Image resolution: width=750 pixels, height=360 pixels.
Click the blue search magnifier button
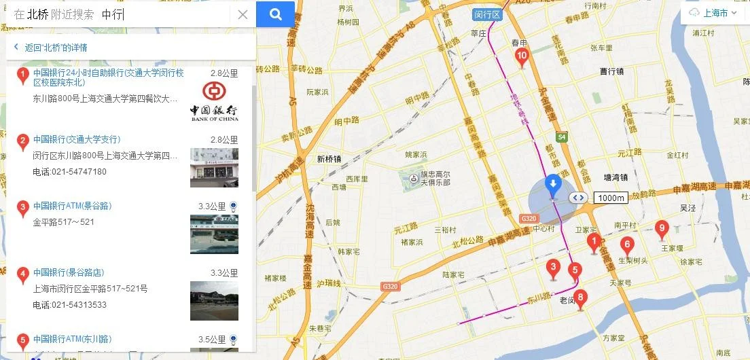coord(275,14)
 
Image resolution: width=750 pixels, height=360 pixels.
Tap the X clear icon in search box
coord(243,14)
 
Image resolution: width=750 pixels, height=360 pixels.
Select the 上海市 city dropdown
coord(714,13)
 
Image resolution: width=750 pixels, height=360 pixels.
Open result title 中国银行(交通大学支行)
coord(77,139)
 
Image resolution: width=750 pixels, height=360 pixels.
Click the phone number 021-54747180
coord(69,172)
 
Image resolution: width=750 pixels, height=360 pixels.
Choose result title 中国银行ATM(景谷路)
coord(72,206)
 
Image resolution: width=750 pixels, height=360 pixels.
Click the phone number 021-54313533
coord(69,305)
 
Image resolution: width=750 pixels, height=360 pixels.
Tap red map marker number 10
coord(522,58)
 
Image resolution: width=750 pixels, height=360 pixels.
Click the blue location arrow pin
coord(554,183)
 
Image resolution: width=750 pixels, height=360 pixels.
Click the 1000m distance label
coord(610,198)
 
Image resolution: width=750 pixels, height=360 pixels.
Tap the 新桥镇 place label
coord(329,159)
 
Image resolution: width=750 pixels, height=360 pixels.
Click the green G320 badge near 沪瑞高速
coord(390,287)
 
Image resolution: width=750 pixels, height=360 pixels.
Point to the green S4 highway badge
coord(561,137)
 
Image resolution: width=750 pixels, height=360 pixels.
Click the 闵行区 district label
coord(486,14)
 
